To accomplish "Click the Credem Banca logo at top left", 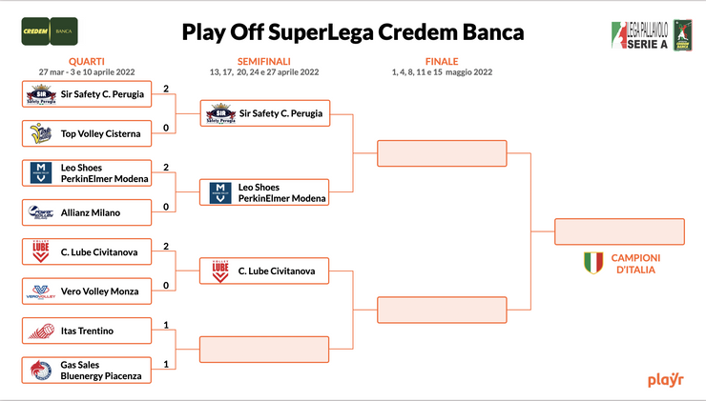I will [51, 31].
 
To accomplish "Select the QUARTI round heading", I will [87, 61].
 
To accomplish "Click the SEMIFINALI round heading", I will [264, 61].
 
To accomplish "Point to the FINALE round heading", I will [442, 61].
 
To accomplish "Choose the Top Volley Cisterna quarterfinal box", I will [87, 133].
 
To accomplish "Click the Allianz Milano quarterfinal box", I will [87, 211].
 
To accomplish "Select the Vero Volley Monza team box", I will [87, 291].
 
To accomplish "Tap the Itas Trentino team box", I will [87, 331].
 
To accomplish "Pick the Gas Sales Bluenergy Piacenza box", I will [87, 371].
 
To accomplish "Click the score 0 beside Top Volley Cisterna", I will [165, 129].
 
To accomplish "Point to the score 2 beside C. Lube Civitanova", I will [165, 246].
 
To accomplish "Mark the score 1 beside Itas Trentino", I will [165, 326].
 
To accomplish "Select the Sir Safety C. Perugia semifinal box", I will [264, 113].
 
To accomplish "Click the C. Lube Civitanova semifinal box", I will [264, 271].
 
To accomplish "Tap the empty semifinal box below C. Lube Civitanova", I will [264, 349].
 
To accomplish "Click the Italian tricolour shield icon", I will [593, 263].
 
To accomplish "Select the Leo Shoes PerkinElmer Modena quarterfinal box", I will [87, 172].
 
